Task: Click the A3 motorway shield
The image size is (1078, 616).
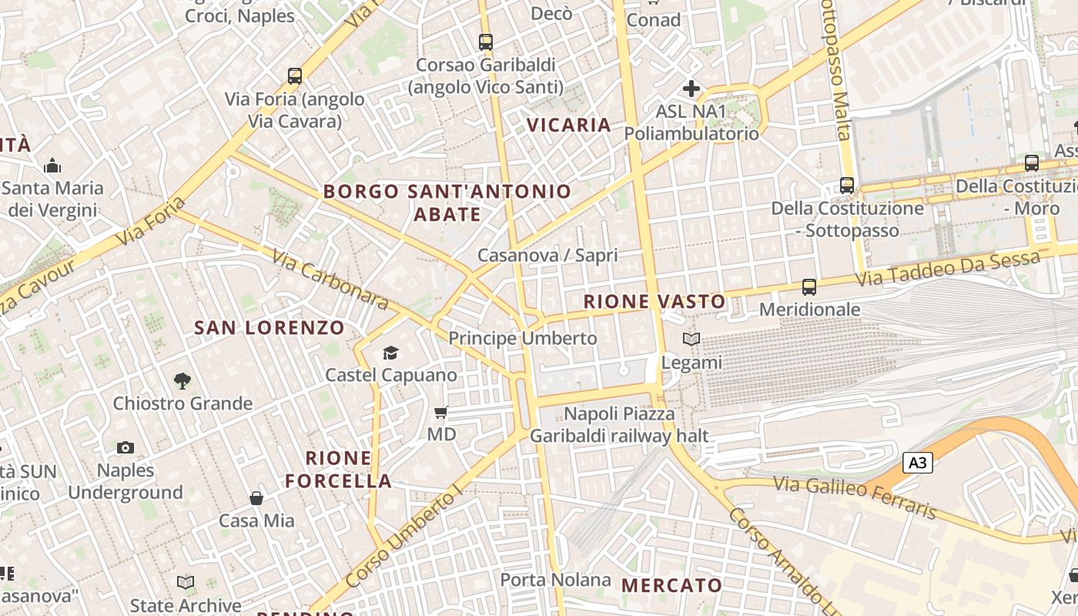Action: point(917,463)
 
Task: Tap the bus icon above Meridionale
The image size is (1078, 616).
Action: point(808,287)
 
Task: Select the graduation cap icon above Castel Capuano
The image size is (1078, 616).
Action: point(391,353)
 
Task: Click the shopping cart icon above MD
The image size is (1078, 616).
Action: point(441,413)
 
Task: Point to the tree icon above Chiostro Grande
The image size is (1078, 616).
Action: point(182,380)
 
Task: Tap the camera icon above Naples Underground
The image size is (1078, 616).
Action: point(126,447)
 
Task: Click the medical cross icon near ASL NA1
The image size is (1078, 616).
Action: point(691,89)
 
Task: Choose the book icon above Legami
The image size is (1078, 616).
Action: point(691,339)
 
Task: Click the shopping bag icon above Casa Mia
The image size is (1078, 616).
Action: point(256,498)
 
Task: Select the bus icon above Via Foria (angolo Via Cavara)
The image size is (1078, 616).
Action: point(295,76)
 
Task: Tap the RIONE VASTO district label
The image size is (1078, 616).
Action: point(654,302)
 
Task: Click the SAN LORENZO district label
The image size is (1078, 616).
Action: point(269,328)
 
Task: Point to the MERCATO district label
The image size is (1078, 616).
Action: point(671,585)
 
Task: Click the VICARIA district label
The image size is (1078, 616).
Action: point(569,125)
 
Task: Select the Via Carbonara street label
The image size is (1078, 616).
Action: point(330,279)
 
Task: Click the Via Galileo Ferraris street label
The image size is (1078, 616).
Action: point(855,497)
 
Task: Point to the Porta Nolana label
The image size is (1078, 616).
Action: point(555,580)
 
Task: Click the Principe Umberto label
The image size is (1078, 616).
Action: point(522,338)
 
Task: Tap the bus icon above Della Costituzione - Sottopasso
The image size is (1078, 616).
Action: point(847,186)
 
